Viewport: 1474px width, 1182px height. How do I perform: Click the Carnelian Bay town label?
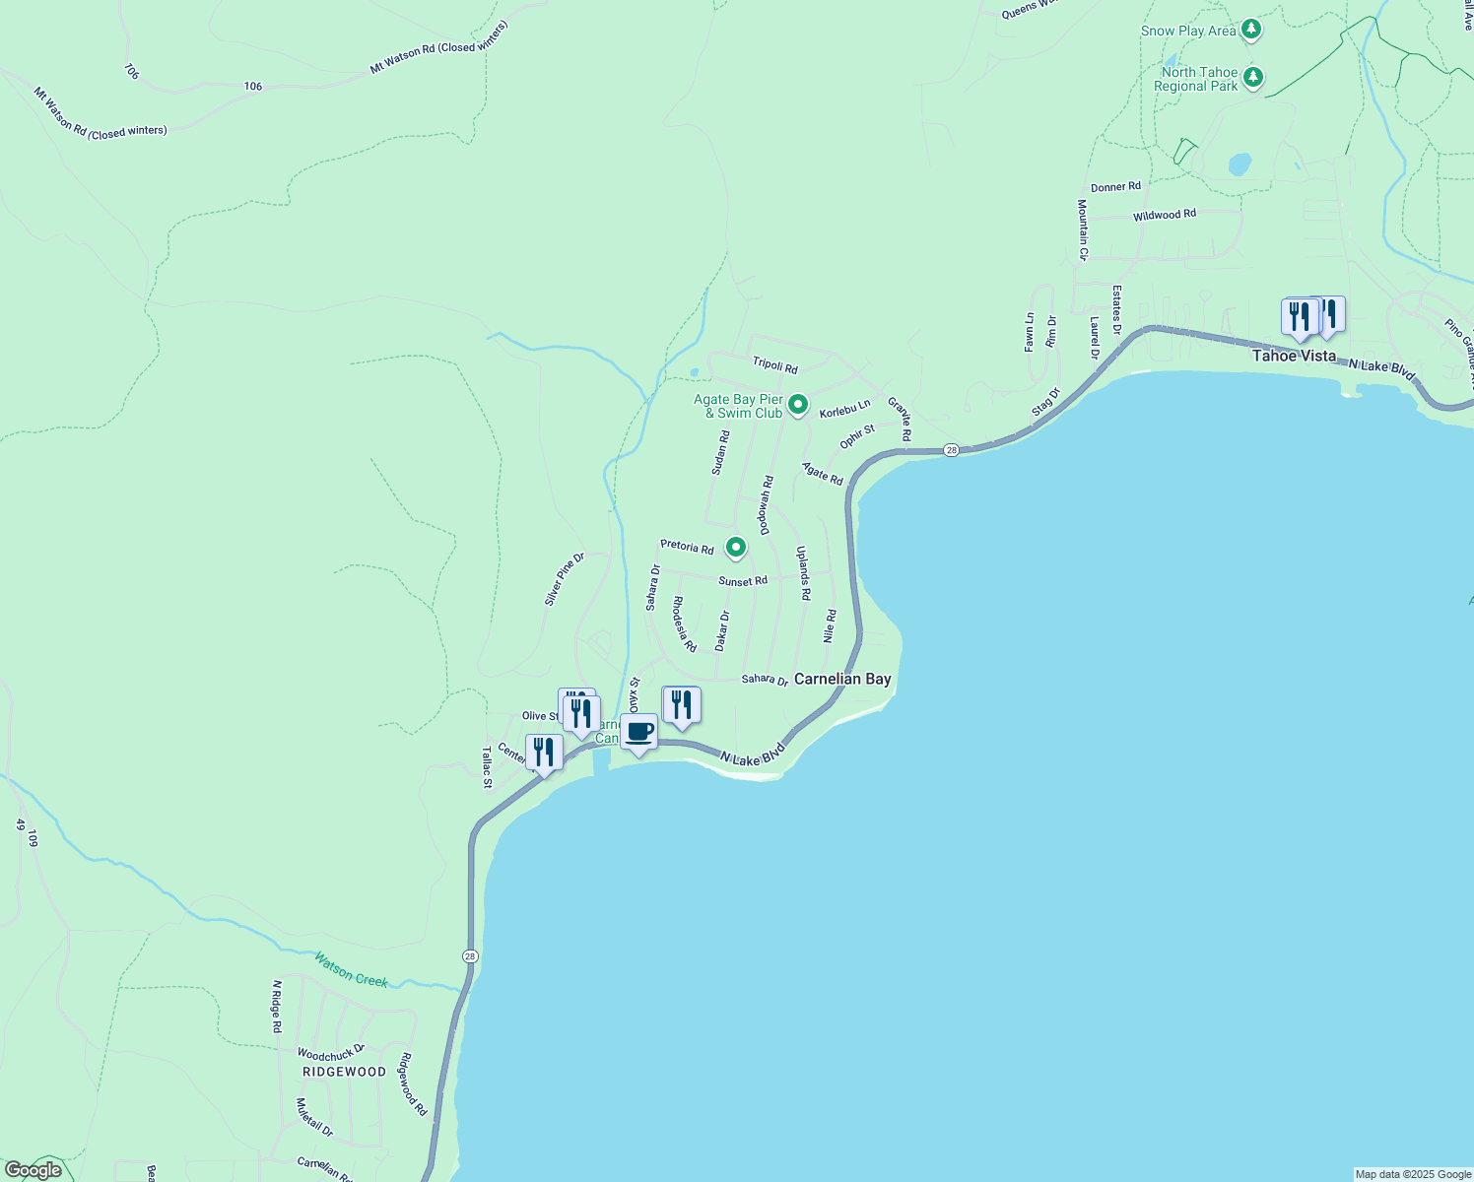(842, 679)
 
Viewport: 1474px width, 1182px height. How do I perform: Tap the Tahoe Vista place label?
(1294, 356)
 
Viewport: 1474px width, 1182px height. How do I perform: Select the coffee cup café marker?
(638, 733)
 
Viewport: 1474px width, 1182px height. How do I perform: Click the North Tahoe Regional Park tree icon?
(1252, 77)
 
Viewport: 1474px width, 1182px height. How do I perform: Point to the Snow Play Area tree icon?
(1251, 30)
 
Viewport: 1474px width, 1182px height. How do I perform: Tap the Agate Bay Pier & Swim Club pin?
(798, 404)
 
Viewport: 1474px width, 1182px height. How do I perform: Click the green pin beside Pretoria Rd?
(735, 547)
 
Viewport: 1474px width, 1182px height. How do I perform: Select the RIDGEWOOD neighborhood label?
(344, 1072)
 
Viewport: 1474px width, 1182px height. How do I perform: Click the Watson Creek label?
(351, 968)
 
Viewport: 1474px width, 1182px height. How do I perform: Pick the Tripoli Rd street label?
(774, 364)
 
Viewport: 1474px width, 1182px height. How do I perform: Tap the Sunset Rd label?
(743, 581)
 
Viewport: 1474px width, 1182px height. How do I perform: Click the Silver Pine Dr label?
(565, 579)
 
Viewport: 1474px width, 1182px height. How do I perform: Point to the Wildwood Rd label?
(1164, 215)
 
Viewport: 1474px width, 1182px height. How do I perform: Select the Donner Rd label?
(1115, 187)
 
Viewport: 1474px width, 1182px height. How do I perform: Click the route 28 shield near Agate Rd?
(950, 450)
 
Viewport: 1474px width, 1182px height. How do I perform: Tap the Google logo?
(33, 1170)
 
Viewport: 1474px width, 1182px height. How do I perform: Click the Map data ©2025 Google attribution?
(1413, 1174)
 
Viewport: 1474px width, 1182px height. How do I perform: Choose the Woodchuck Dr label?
(331, 1053)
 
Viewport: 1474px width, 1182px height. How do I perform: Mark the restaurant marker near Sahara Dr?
(681, 705)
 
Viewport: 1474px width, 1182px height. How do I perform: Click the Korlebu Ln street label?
(844, 407)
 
